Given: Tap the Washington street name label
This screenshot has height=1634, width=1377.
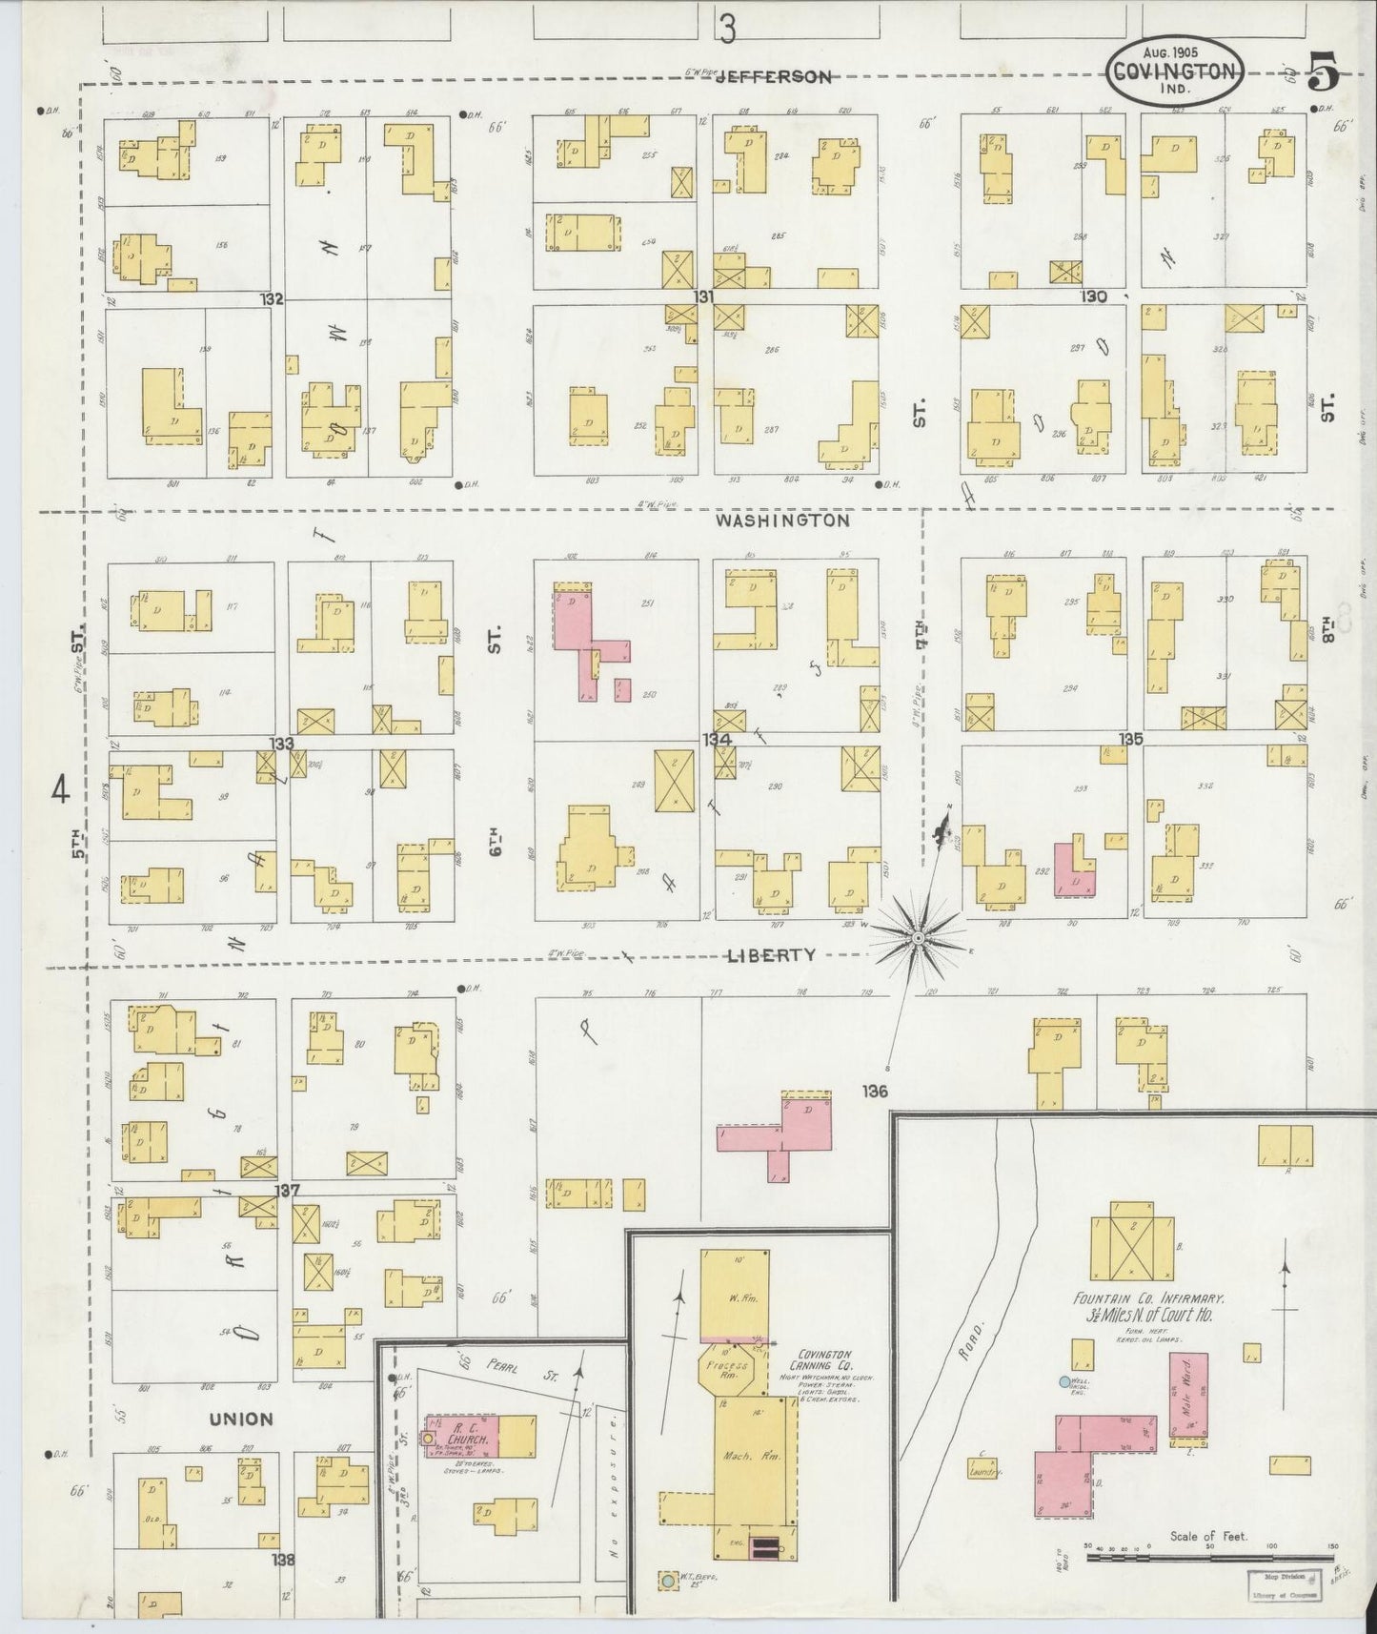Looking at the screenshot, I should tap(782, 521).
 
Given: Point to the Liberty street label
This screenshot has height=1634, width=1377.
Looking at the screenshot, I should tap(771, 955).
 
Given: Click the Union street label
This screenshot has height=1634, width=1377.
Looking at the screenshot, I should tap(241, 1419).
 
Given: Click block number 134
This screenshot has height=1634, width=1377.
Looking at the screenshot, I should tap(717, 740).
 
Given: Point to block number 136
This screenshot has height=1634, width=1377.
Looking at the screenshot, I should tap(874, 1091).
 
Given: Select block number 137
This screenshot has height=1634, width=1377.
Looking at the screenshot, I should tap(287, 1190).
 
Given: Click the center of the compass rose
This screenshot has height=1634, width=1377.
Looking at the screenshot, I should tap(918, 939).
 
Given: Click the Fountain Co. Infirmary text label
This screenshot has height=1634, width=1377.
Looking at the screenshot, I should tap(1147, 1298).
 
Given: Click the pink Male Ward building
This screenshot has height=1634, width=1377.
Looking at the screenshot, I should tap(1188, 1395).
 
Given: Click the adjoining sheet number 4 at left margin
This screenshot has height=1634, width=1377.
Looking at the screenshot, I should tap(62, 790).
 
